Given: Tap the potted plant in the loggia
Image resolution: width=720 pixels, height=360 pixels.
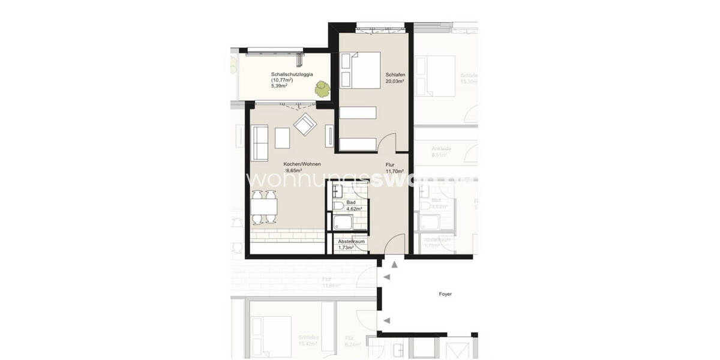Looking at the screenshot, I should [322, 89].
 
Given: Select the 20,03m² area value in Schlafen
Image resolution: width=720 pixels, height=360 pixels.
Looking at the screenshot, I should [395, 81].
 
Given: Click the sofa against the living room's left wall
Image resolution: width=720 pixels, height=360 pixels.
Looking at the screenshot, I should [260, 142].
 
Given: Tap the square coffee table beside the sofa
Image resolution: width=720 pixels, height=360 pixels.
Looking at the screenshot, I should [282, 138].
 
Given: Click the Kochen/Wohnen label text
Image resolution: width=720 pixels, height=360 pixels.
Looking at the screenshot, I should [302, 164].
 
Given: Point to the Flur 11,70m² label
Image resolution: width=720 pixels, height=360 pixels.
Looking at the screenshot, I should [395, 167].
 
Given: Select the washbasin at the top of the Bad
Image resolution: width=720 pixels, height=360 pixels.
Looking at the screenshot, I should [336, 191].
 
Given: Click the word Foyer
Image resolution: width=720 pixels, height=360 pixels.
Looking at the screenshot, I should [445, 294].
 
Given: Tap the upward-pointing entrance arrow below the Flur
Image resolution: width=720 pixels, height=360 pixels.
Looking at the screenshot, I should [394, 264].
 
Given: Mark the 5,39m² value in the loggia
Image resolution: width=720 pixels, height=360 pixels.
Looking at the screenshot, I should [278, 86].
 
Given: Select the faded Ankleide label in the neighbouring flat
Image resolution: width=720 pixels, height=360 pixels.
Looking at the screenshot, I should [441, 148].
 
